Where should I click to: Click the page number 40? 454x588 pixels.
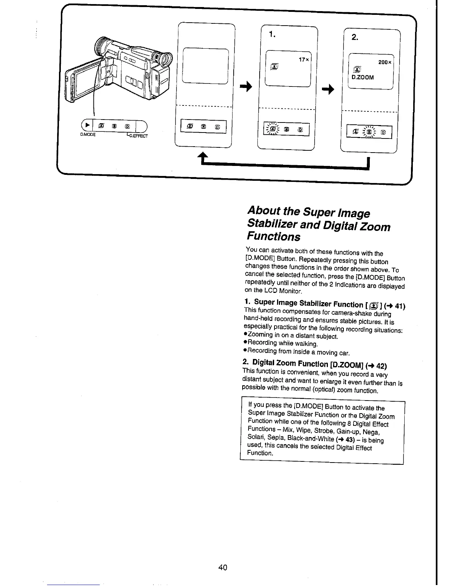pyautogui.click(x=223, y=567)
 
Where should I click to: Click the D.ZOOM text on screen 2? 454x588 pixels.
pyautogui.click(x=362, y=78)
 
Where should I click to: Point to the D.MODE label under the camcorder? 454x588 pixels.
pyautogui.click(x=88, y=135)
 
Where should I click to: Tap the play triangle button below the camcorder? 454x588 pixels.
pyautogui.click(x=87, y=125)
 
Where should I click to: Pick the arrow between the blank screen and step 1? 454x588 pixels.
pyautogui.click(x=246, y=87)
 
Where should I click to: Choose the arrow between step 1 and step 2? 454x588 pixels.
pyautogui.click(x=328, y=89)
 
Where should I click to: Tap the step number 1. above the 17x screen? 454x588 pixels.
pyautogui.click(x=272, y=35)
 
